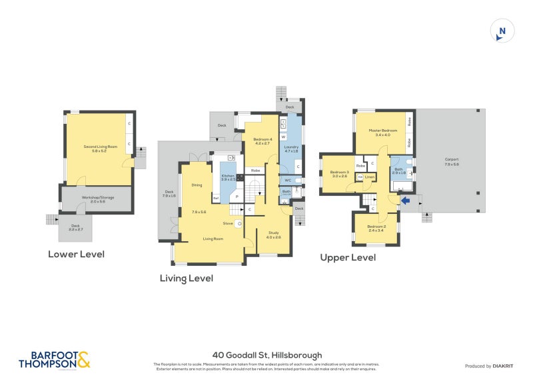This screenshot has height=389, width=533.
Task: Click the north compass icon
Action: click(x=502, y=31)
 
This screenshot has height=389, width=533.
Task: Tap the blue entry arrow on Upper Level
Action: click(x=406, y=199)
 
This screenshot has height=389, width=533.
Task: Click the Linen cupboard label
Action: click(x=370, y=177)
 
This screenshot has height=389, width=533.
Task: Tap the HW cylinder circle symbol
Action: click(x=360, y=177)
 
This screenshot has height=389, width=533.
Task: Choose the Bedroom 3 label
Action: click(x=340, y=175)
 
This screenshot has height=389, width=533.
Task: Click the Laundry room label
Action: click(x=291, y=149)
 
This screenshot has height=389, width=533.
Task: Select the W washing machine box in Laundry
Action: click(x=282, y=137)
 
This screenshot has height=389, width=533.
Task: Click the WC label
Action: click(x=288, y=180)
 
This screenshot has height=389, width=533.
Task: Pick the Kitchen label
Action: click(x=229, y=177)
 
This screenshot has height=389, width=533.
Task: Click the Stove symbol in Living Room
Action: click(x=227, y=223)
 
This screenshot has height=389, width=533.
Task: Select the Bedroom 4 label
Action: click(x=261, y=141)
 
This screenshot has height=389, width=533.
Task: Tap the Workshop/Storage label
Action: click(x=98, y=200)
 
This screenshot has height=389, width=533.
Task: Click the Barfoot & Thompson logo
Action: click(x=53, y=360)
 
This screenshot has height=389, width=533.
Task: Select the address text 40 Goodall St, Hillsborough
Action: click(x=266, y=355)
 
